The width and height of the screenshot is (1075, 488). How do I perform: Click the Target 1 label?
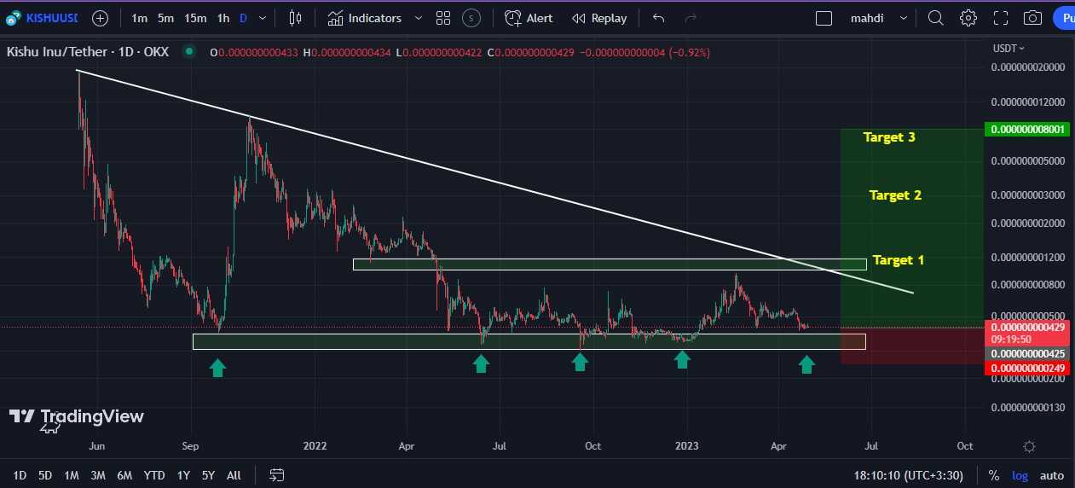coord(898,260)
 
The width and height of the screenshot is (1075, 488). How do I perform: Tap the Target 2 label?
coord(895,195)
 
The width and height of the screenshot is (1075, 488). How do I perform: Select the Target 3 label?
coord(889,137)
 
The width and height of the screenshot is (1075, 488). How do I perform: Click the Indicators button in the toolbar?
coord(365,18)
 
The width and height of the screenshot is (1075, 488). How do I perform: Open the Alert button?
coord(529,18)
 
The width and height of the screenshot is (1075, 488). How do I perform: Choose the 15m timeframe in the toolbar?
coord(195,18)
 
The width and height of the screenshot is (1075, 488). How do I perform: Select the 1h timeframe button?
coord(223,18)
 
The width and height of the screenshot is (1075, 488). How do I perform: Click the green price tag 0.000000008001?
coord(1025,130)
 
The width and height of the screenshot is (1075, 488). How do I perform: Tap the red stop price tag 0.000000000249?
coord(1025,369)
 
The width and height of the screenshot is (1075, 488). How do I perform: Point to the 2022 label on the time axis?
coord(315,445)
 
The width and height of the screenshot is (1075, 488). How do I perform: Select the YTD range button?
coord(154,475)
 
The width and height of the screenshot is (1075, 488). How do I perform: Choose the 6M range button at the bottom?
coord(124,475)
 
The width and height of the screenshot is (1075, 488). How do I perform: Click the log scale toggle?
coord(1020,475)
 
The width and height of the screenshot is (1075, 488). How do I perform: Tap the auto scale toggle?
coord(1052,475)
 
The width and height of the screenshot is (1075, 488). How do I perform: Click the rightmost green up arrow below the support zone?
coord(806,365)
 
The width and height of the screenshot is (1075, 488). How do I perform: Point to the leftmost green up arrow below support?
coord(217,367)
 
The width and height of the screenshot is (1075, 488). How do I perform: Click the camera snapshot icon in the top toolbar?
coord(1032,18)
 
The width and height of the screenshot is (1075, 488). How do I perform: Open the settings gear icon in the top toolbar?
coord(968,18)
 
